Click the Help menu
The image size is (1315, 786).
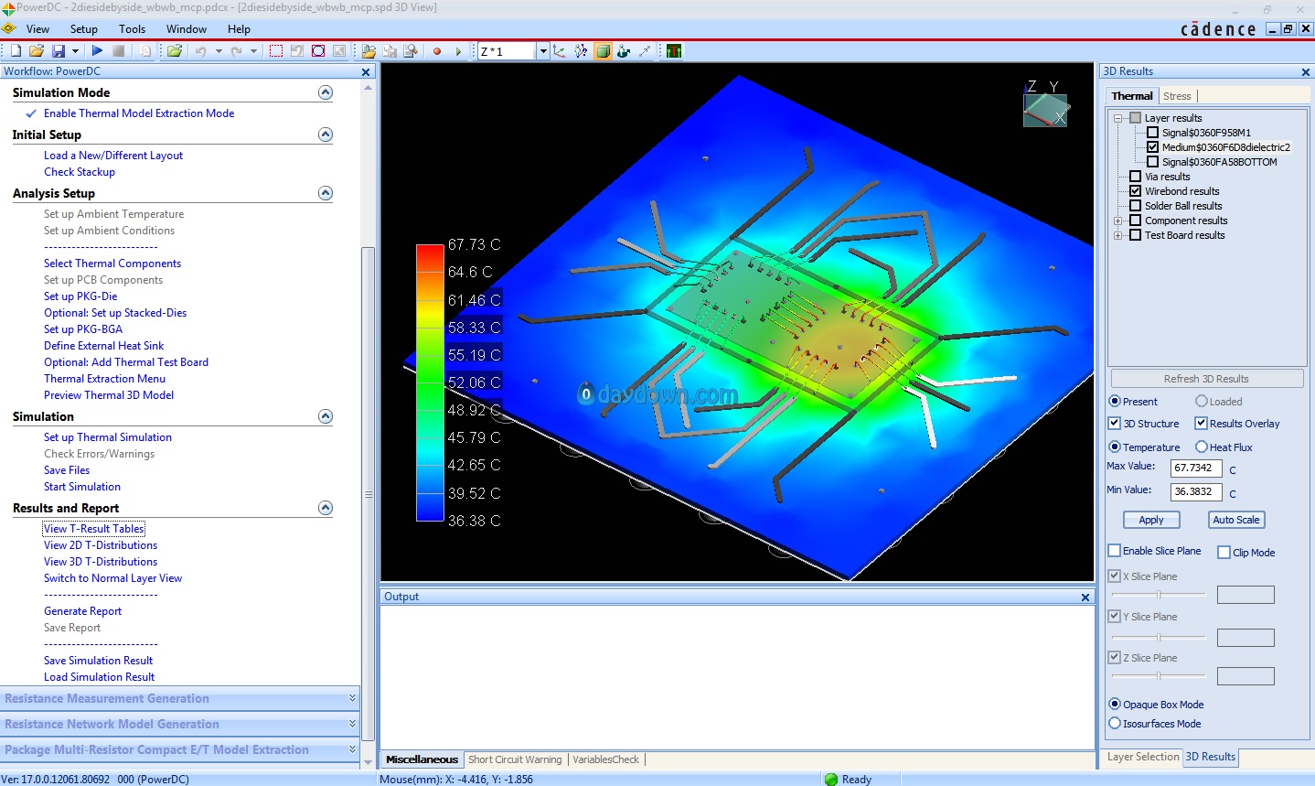pyautogui.click(x=239, y=28)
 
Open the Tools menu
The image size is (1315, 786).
pyautogui.click(x=132, y=28)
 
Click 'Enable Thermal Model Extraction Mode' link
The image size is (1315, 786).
pyautogui.click(x=139, y=113)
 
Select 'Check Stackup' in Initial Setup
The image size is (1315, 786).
pyautogui.click(x=80, y=172)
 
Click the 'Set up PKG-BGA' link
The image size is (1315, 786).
pyautogui.click(x=83, y=329)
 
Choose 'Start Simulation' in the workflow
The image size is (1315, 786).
pyautogui.click(x=82, y=487)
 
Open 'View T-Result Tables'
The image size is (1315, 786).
pyautogui.click(x=94, y=529)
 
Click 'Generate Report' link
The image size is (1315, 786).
pyautogui.click(x=83, y=611)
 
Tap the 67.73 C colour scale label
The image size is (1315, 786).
pyautogui.click(x=475, y=244)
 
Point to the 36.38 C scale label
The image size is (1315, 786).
pyautogui.click(x=475, y=521)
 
